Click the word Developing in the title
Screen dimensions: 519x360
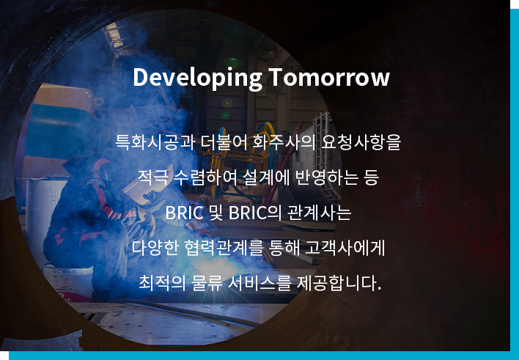point(198,78)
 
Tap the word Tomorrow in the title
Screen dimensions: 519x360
point(329,77)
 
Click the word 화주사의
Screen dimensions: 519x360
point(284,142)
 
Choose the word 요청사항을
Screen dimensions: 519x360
point(361,142)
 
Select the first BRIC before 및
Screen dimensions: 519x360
point(185,213)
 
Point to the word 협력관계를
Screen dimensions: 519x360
point(224,248)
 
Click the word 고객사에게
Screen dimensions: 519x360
point(345,248)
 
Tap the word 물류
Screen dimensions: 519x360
point(207,283)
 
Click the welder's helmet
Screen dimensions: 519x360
point(99,173)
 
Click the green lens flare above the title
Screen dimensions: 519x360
point(232,62)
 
